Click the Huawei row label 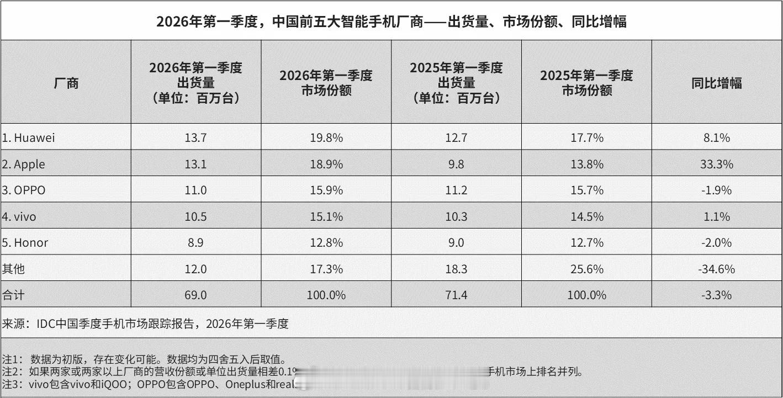click(28, 138)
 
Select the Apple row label click(23, 164)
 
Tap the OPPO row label click(23, 190)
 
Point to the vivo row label click(19, 217)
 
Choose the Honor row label click(24, 243)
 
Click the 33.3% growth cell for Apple click(717, 164)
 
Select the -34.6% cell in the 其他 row click(717, 269)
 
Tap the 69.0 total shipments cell click(196, 295)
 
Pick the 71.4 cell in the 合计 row click(456, 295)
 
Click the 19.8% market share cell click(326, 138)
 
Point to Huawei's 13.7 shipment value click(196, 138)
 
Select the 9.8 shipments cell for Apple click(456, 164)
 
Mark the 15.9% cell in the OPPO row click(326, 190)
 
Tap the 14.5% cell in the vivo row click(586, 217)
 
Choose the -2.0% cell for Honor click(717, 243)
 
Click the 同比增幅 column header click(717, 83)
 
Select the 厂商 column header click(66, 83)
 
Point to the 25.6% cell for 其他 click(586, 269)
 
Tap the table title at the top click(391, 22)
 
